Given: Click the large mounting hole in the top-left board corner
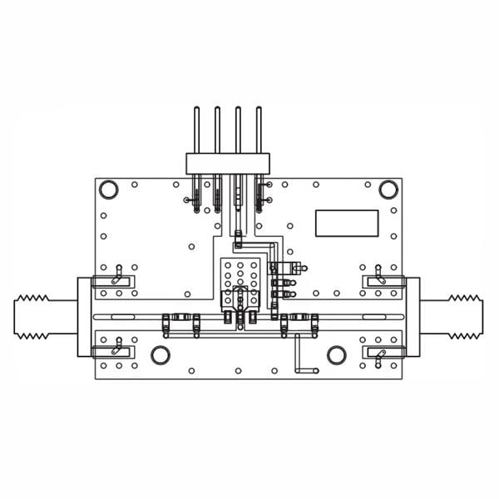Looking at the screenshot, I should point(109,189).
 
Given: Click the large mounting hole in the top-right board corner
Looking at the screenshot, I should point(388,189).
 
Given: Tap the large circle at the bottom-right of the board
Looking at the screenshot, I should point(337,355).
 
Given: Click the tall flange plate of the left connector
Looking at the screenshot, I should point(83,317).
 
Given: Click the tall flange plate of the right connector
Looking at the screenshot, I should point(413,317).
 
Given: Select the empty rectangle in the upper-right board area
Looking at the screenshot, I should point(346,222).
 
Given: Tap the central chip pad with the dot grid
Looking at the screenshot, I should point(240,274).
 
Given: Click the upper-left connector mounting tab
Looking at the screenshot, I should point(116,281).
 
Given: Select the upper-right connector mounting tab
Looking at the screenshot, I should point(381,281).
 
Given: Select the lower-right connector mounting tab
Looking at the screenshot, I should point(381,353).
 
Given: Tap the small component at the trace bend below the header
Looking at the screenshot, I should point(237,242).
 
